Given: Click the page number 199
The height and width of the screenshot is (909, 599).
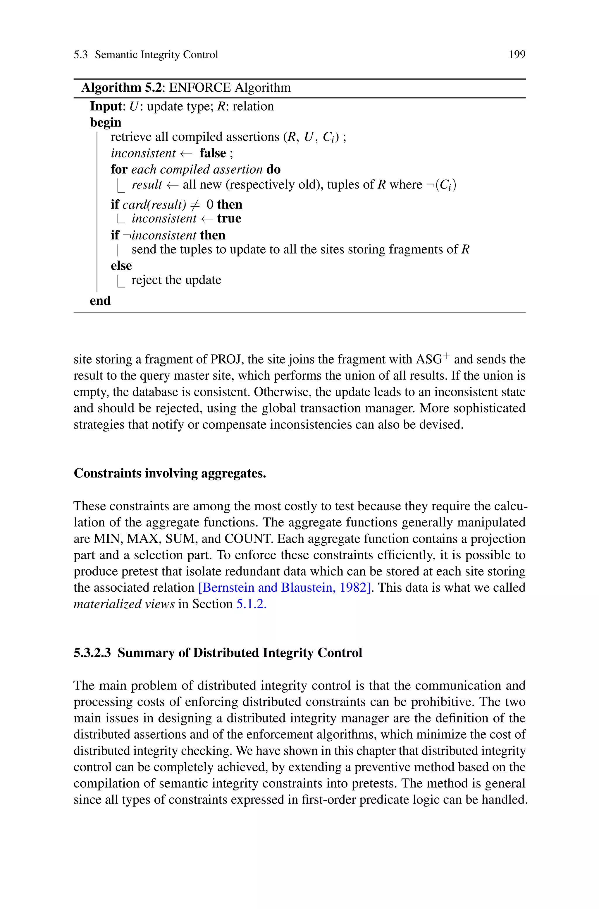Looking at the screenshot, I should point(517,55).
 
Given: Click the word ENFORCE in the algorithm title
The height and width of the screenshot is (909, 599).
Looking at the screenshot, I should point(200,88).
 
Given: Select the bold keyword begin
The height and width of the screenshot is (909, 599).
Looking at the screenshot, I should point(105,122).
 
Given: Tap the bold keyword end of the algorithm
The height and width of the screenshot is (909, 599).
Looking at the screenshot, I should point(100,301).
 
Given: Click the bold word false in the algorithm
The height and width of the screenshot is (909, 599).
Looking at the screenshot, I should point(213,153).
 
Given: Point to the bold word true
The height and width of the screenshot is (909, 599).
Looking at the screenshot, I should point(229,218).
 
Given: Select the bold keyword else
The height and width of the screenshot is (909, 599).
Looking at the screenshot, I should point(121,265).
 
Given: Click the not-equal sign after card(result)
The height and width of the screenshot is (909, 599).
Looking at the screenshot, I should point(195,205).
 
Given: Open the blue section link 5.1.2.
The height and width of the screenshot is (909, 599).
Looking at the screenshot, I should point(251,604).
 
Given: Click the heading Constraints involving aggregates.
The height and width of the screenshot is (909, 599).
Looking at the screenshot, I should point(170,473).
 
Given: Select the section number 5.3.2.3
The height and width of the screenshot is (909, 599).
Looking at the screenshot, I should point(92,653).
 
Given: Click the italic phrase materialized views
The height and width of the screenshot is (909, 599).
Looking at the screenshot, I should point(124,604).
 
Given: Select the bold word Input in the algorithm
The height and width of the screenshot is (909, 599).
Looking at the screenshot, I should point(105,106).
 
